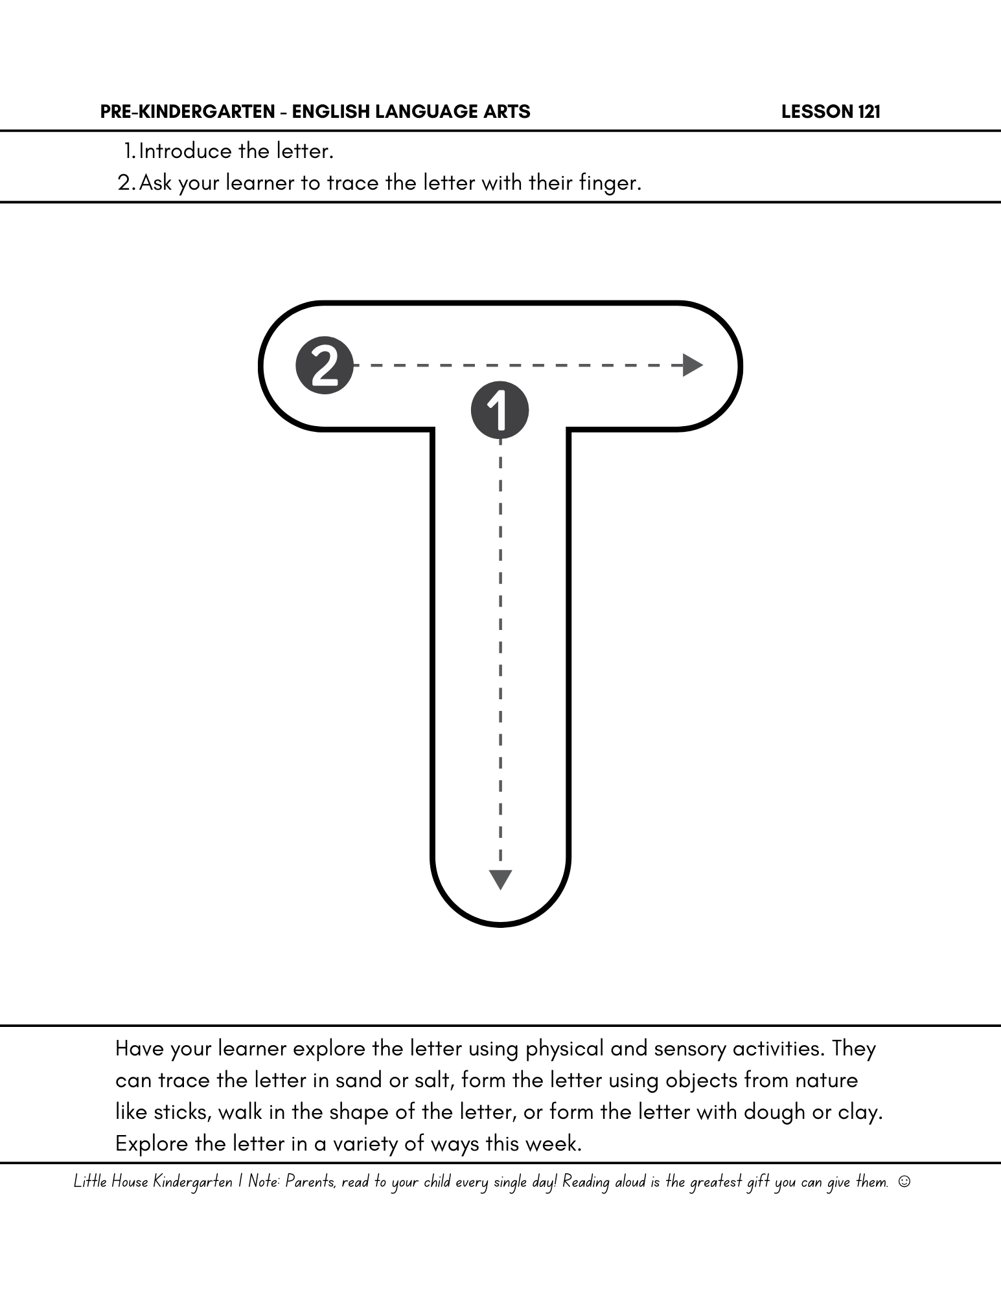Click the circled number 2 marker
(x=325, y=365)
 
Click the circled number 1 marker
(x=500, y=411)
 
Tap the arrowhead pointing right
(x=693, y=365)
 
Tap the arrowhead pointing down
(x=500, y=879)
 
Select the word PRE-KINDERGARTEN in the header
(x=187, y=112)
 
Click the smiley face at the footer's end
(x=904, y=1182)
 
